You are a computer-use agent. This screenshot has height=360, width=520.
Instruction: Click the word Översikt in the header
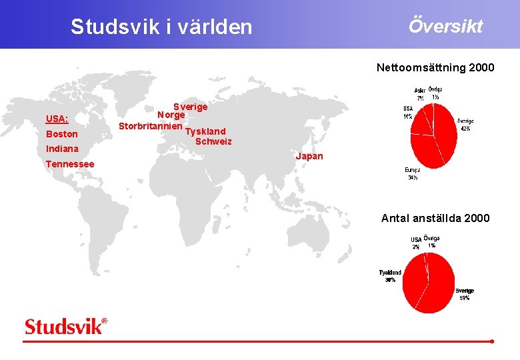click(445, 26)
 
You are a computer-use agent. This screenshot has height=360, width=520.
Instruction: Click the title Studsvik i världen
click(161, 27)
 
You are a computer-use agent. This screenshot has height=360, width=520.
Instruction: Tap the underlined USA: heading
click(57, 119)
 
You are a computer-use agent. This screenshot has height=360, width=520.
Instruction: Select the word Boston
click(62, 134)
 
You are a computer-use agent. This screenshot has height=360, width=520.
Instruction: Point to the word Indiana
click(62, 149)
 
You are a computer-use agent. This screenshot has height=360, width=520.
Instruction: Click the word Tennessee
click(70, 164)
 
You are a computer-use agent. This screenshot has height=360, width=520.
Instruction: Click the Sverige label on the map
click(191, 107)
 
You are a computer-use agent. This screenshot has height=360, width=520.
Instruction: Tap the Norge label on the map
click(171, 115)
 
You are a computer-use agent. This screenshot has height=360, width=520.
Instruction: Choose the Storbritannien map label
click(151, 125)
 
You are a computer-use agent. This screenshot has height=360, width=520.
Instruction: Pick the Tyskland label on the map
click(205, 131)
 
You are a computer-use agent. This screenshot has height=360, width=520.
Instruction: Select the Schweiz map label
click(213, 141)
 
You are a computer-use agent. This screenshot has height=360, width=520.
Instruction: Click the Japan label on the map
click(309, 157)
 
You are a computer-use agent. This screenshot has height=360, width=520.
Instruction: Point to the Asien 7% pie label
click(420, 94)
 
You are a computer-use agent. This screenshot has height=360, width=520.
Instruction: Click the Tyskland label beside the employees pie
click(390, 273)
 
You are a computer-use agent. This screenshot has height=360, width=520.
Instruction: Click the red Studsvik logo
click(65, 326)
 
